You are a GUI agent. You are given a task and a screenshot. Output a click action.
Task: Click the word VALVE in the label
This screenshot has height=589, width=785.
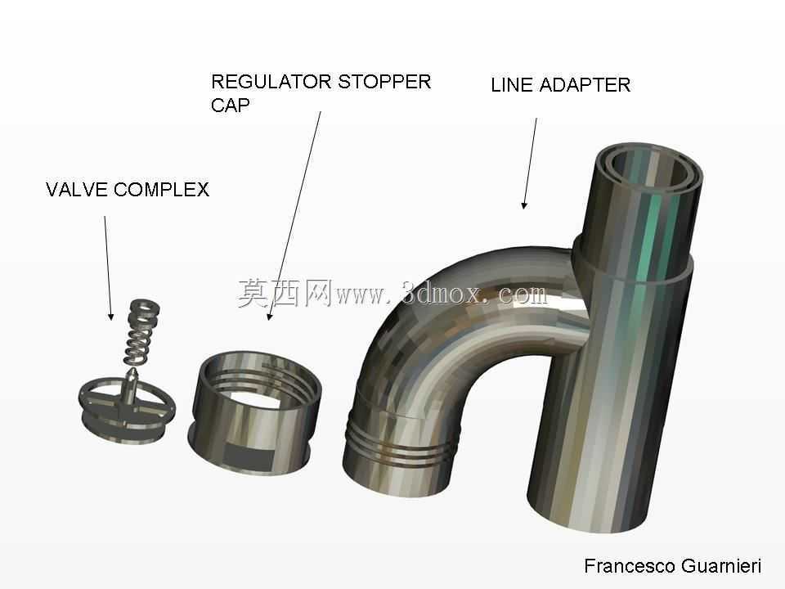[x=77, y=190]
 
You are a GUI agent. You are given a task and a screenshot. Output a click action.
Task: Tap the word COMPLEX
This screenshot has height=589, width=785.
[x=161, y=190]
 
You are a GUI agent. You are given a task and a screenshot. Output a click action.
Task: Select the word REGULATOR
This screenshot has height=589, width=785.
[x=271, y=82]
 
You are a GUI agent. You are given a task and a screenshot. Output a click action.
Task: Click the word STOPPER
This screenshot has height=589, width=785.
[x=384, y=82]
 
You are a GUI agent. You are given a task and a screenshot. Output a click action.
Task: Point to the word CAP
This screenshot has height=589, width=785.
[x=231, y=106]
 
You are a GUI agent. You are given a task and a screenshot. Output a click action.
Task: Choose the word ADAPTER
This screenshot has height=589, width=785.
[x=585, y=85]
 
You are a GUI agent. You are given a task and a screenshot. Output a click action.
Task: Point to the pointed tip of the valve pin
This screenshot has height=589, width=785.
[x=133, y=371]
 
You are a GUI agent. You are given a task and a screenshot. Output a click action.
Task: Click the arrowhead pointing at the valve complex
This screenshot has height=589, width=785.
[x=110, y=316]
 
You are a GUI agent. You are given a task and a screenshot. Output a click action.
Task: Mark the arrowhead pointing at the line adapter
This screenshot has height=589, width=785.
[x=523, y=205]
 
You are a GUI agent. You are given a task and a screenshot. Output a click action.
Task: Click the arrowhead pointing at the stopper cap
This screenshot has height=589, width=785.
[x=269, y=316]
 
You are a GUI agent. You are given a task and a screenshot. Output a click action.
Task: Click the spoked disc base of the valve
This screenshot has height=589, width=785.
[x=127, y=411]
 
